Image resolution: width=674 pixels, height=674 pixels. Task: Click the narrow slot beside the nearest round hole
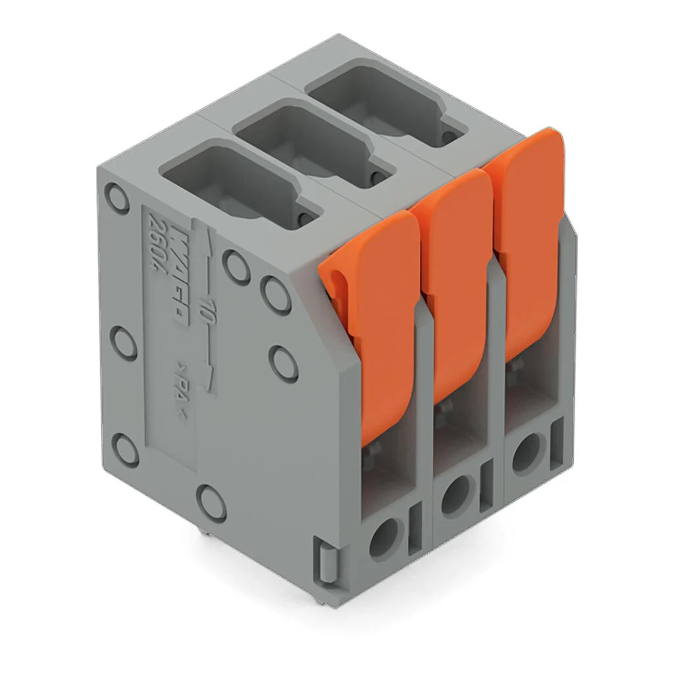pos(415,527)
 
